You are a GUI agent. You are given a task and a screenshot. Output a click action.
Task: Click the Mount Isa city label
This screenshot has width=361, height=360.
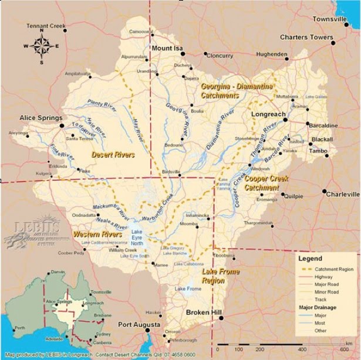[x=168, y=48]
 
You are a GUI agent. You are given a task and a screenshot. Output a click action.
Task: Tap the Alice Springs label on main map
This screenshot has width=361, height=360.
[x=41, y=118]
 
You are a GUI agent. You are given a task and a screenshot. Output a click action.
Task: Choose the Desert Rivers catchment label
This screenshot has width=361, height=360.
[x=113, y=155]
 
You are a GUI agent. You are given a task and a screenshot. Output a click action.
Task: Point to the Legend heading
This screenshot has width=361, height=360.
[x=310, y=259]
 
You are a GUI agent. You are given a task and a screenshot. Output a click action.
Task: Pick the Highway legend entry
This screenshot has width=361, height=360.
[x=323, y=276]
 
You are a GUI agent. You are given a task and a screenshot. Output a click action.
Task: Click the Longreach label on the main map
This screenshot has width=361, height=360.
[x=268, y=114]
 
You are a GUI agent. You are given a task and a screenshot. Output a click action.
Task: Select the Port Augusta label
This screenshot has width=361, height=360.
[x=139, y=324]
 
